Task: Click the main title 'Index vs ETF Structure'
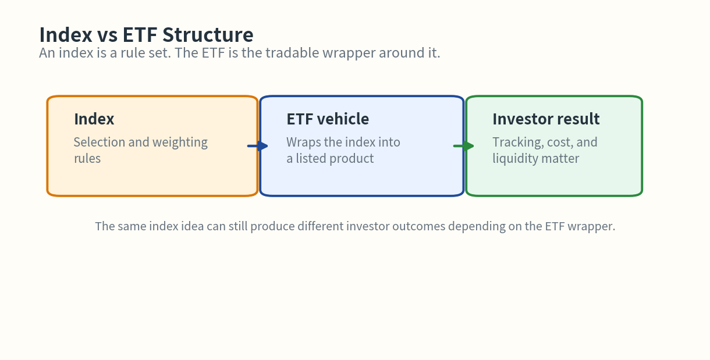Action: coord(146,35)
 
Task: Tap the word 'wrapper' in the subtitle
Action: coord(350,53)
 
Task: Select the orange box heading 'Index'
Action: coord(94,119)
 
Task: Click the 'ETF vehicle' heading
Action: coord(328,119)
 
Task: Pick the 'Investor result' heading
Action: coord(546,119)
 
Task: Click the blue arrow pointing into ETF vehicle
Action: coord(258,146)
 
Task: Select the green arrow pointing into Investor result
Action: coord(464,146)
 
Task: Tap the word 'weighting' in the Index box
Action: coord(180,142)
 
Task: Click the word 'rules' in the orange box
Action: coord(87,159)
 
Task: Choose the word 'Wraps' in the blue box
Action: coord(304,142)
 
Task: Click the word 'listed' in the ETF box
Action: coord(314,159)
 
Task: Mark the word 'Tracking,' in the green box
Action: coord(518,142)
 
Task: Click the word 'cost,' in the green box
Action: coord(560,142)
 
